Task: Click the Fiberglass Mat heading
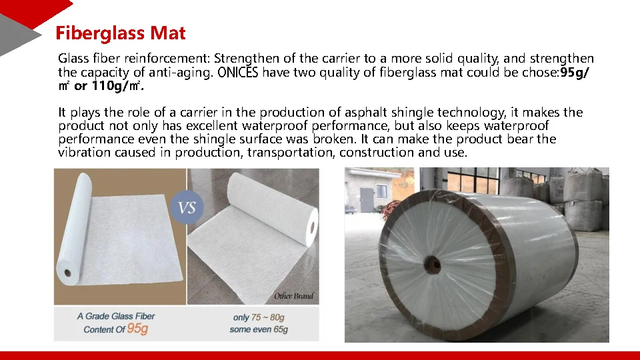pos(120,33)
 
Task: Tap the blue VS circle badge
pos(187,207)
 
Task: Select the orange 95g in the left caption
pos(137,329)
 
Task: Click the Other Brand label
pos(293,296)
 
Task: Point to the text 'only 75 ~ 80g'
pos(259,317)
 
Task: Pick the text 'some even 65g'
pos(259,329)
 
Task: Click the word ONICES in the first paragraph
pos(237,73)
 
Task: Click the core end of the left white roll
pos(67,272)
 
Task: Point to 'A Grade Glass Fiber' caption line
pos(116,316)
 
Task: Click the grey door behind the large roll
pos(367,201)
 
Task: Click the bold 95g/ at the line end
pos(575,73)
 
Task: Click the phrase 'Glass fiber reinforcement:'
pos(134,59)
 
